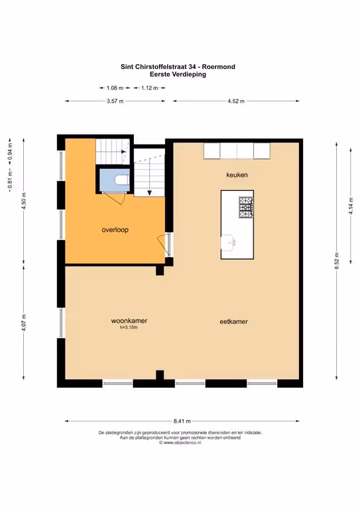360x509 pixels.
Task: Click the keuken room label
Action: coord(237,175)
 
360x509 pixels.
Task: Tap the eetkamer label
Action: coord(234,321)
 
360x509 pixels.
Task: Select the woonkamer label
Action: coord(129,320)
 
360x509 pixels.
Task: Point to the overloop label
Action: coord(115,230)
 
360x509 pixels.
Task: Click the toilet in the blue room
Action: coord(123,180)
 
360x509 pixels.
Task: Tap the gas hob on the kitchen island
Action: coord(246,207)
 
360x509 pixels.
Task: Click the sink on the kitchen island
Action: coord(229,243)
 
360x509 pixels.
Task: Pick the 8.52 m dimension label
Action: coord(337,260)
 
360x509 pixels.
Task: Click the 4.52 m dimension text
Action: coord(236,101)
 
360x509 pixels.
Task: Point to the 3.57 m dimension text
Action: coord(115,101)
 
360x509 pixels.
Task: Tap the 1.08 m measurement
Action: coord(115,87)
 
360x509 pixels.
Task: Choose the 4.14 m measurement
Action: coord(351,206)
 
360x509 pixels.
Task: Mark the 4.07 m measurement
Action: coord(24,323)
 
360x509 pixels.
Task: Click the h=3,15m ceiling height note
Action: coord(129,327)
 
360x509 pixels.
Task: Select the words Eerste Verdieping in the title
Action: coord(178,74)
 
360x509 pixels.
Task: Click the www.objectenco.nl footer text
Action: coord(180,443)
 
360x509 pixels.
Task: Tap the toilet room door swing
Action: coord(116,198)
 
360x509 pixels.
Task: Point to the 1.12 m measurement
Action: coord(149,87)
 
